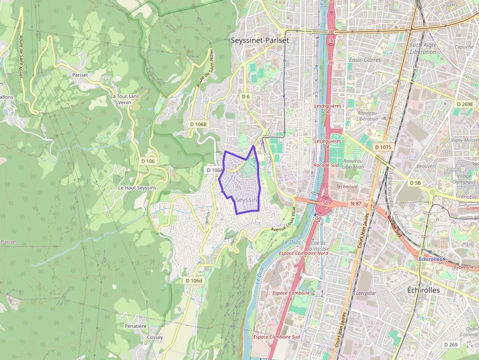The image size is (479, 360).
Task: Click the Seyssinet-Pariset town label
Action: tap(260, 41)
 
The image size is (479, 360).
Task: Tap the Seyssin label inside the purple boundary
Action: tap(246, 200)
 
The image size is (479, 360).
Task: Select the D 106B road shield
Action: tap(198, 124)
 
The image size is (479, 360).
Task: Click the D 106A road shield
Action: tap(214, 170)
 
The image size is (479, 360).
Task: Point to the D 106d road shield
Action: tap(194, 280)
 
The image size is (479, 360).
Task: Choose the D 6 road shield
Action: tap(246, 97)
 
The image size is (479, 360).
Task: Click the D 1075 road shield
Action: tap(384, 147)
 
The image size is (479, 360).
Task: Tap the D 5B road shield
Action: tap(415, 183)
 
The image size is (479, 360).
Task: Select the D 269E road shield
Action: tap(465, 104)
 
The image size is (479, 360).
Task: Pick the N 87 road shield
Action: tap(355, 203)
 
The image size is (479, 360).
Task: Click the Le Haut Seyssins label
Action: tap(137, 188)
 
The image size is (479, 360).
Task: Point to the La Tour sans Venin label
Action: tap(125, 99)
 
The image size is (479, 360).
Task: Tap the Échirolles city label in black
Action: tap(423, 290)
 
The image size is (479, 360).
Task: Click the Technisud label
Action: tap(347, 187)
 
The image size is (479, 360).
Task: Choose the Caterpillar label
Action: tap(365, 294)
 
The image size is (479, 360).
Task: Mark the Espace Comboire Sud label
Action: tap(276, 337)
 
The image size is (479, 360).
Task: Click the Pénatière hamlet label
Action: tap(135, 326)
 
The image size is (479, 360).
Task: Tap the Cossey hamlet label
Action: tap(155, 338)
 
